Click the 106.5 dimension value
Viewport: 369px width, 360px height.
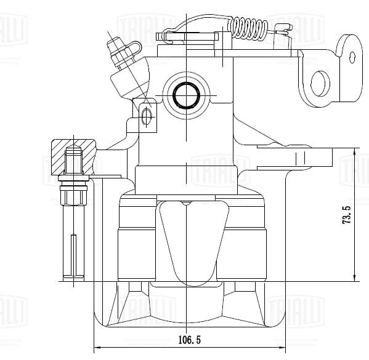[x=191, y=339]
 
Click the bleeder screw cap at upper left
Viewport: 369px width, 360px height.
[x=116, y=46]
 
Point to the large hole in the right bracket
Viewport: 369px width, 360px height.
[x=321, y=83]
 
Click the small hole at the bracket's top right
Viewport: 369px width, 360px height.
[x=352, y=57]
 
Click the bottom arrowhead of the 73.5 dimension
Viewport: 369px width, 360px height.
[x=355, y=278]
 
